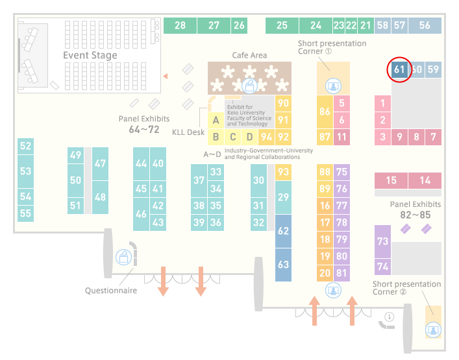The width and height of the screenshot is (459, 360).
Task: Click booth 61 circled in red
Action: [x=399, y=69]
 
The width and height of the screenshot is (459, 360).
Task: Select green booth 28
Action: [x=180, y=25]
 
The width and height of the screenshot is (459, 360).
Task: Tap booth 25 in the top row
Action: [x=282, y=25]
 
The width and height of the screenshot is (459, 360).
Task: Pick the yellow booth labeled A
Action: [x=216, y=120]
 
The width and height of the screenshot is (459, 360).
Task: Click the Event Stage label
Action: [x=90, y=55]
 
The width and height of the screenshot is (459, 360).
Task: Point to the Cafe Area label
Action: [x=249, y=55]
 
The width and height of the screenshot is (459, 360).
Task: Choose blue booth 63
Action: [x=283, y=265]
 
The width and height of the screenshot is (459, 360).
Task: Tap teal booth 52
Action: [x=25, y=146]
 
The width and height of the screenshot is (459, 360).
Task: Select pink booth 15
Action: [x=391, y=180]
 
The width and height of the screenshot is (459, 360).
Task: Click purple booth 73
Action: [x=382, y=241]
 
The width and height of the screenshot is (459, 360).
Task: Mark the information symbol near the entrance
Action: [x=390, y=317]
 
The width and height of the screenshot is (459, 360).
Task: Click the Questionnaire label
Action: [x=111, y=291]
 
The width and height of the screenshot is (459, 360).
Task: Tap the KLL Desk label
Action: [x=188, y=132]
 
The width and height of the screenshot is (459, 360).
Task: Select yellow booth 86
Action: [x=325, y=112]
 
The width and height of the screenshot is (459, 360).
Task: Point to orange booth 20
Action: [x=325, y=274]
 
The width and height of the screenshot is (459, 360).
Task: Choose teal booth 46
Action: [x=141, y=214]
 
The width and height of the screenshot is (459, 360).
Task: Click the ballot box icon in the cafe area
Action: [x=249, y=86]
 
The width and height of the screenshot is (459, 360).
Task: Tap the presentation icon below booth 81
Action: [x=333, y=291]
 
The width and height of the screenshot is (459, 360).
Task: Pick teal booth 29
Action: [x=283, y=197]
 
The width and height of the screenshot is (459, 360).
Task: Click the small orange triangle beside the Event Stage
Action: [x=166, y=77]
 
